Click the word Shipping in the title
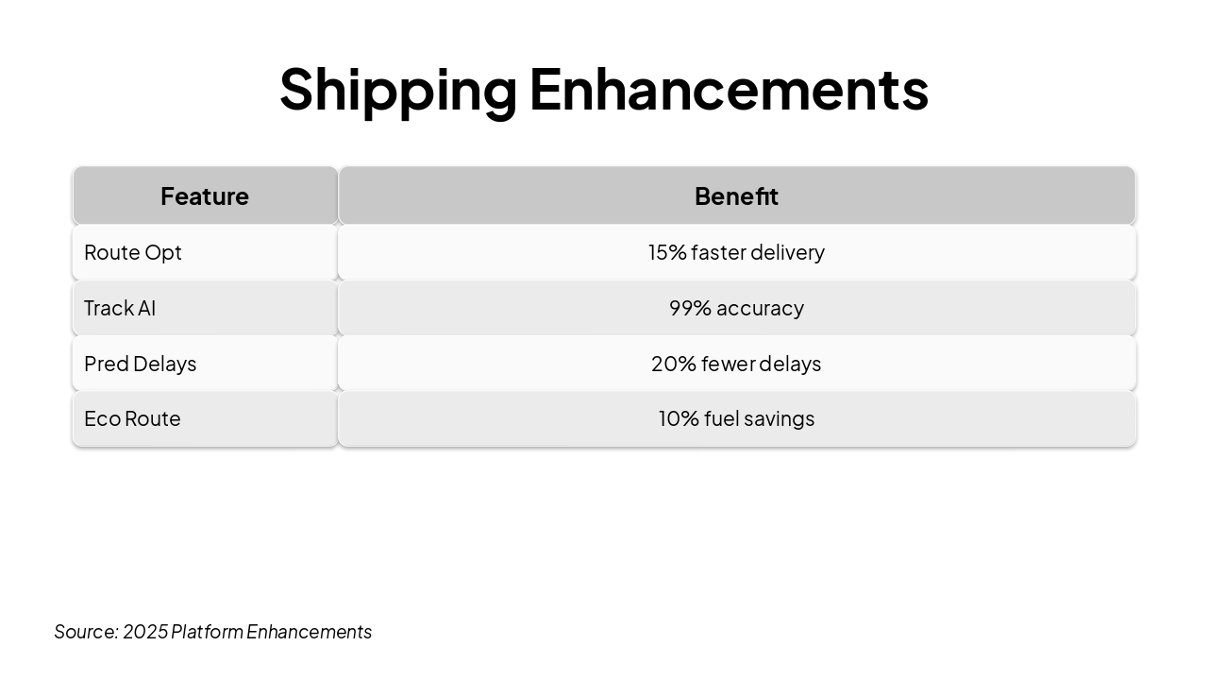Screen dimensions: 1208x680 pos(398,91)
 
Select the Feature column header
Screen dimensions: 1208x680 pos(205,195)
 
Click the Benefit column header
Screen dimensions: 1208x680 pos(737,195)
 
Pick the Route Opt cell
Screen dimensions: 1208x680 pos(205,252)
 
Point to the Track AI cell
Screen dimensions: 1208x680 pos(205,308)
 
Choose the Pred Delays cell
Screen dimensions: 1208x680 pos(205,364)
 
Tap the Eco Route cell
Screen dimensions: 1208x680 pos(205,418)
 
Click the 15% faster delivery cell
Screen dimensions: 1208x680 pos(737,252)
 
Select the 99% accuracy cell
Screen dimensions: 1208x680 pos(737,308)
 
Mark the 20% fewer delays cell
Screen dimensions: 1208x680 pos(737,364)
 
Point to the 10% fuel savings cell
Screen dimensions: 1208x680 pos(737,418)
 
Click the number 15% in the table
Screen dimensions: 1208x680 pos(667,252)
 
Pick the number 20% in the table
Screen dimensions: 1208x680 pos(674,364)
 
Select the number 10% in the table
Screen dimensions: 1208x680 pos(679,418)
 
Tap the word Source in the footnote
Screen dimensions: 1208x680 pos(86,632)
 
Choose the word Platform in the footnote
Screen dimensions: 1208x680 pos(207,632)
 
